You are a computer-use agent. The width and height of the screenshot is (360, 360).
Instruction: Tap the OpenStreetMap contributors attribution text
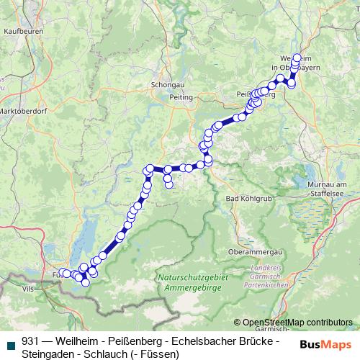[297, 323]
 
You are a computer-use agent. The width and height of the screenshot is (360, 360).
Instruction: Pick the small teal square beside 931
[9, 342]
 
